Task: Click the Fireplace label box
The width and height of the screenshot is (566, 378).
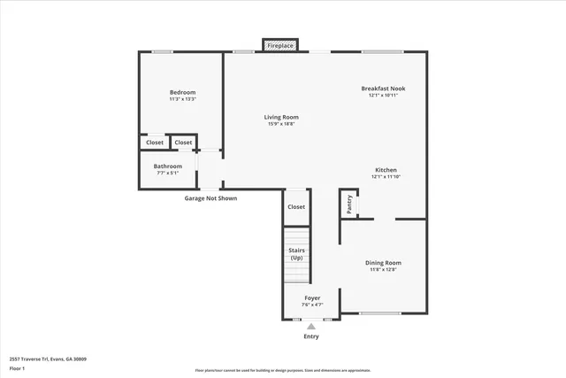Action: pyautogui.click(x=280, y=44)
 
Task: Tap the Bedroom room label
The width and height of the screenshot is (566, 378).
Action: pyautogui.click(x=182, y=92)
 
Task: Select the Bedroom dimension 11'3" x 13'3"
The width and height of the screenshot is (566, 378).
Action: pyautogui.click(x=182, y=99)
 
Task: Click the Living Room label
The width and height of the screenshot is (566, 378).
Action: pyautogui.click(x=281, y=117)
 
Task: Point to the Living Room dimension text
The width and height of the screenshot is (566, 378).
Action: pyautogui.click(x=281, y=124)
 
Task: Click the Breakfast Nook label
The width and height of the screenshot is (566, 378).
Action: pyautogui.click(x=383, y=88)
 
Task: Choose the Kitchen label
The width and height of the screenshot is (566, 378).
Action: pyautogui.click(x=385, y=169)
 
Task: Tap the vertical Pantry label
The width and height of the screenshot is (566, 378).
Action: pyautogui.click(x=349, y=204)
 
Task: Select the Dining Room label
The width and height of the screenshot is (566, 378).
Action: pyautogui.click(x=384, y=262)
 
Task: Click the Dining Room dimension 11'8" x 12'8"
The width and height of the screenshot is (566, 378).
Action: pyautogui.click(x=384, y=269)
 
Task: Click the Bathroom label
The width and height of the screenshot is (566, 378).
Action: pyautogui.click(x=168, y=166)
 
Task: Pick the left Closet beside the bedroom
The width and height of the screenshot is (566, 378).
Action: pyautogui.click(x=155, y=143)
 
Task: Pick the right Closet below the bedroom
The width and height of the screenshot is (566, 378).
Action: pyautogui.click(x=183, y=143)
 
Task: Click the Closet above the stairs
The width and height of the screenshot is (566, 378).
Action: pyautogui.click(x=296, y=207)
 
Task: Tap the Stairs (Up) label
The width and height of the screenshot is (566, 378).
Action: pyautogui.click(x=296, y=254)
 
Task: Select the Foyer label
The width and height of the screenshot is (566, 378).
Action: pyautogui.click(x=312, y=297)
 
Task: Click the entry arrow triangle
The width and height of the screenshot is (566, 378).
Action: pyautogui.click(x=311, y=326)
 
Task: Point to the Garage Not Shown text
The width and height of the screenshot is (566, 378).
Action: pyautogui.click(x=210, y=198)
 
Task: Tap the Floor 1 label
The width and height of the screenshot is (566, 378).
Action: pyautogui.click(x=17, y=368)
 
